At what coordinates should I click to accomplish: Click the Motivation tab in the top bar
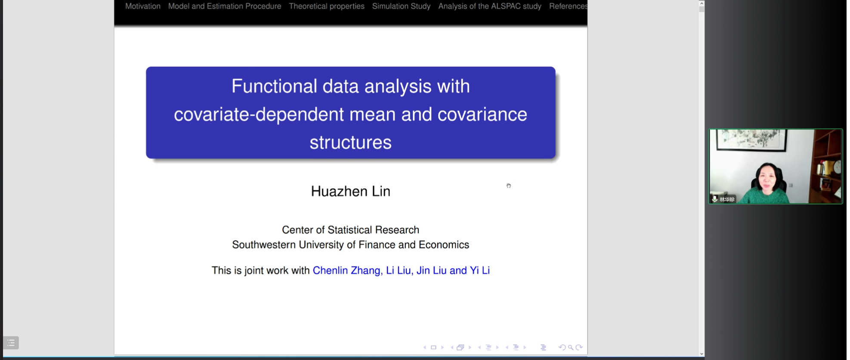(x=142, y=6)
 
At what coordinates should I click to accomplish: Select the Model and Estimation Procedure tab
(x=225, y=6)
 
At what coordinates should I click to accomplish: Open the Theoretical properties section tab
(x=327, y=6)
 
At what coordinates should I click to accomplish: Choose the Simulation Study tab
(x=401, y=6)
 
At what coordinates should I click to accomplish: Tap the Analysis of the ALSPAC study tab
(x=490, y=6)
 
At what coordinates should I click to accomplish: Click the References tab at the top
(x=568, y=6)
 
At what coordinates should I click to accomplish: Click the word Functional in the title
(x=274, y=86)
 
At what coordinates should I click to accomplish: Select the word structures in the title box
(x=351, y=143)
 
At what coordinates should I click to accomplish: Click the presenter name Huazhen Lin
(x=351, y=191)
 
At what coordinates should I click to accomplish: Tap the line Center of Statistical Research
(x=350, y=230)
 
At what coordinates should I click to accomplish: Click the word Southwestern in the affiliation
(x=264, y=245)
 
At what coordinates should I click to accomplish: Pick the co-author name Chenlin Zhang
(x=346, y=270)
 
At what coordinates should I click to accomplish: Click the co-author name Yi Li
(x=480, y=270)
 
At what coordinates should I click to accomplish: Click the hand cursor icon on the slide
(x=509, y=186)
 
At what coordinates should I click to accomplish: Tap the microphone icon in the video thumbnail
(x=714, y=199)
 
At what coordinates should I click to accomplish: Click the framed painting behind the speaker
(x=751, y=140)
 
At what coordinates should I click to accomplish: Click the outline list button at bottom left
(x=11, y=343)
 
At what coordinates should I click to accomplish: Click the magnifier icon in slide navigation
(x=571, y=348)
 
